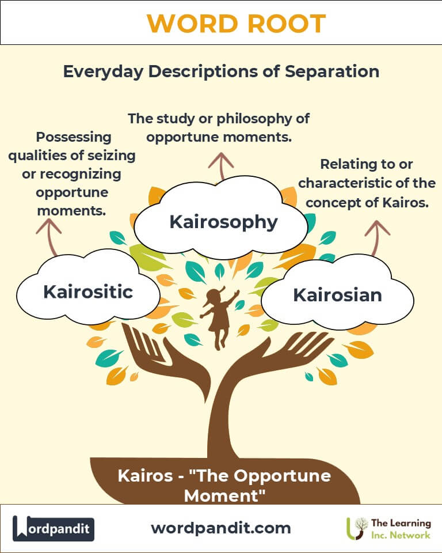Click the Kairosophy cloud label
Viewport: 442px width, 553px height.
[223, 222]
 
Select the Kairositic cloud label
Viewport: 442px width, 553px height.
[88, 291]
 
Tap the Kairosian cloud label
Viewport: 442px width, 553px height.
[338, 295]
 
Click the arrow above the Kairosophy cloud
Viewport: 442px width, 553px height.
[221, 166]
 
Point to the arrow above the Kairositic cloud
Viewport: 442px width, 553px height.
[49, 237]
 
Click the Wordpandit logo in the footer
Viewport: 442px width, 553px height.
[54, 528]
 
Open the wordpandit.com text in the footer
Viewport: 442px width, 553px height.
[221, 528]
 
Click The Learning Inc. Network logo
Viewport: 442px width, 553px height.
[388, 529]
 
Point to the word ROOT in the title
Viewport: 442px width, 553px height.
[287, 24]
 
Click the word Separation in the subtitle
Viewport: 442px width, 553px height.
[332, 71]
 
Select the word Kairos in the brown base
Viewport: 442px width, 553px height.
[145, 476]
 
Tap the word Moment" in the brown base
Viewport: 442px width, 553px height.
[224, 496]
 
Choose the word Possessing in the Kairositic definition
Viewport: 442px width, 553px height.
[74, 137]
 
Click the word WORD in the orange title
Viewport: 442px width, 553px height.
[192, 24]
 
